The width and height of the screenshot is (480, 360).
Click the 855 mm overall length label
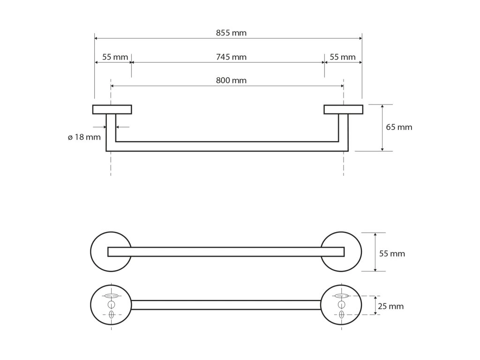click(231, 33)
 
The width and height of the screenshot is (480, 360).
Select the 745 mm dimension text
click(231, 57)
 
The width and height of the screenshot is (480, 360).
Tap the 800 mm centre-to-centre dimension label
click(231, 80)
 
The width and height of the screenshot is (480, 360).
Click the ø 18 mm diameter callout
click(84, 137)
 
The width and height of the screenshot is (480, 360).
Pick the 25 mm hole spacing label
click(391, 306)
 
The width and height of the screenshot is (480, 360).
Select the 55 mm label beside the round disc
click(392, 254)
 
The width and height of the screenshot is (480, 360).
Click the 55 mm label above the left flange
click(115, 57)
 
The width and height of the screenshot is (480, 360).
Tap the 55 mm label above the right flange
click(343, 57)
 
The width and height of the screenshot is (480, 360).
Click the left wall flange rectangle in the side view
click(112, 109)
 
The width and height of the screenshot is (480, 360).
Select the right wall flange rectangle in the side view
click(343, 109)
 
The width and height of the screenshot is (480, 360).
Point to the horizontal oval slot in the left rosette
click(111, 296)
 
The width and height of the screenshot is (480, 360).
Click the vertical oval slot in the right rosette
click(342, 314)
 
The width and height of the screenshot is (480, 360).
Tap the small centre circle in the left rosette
click(111, 305)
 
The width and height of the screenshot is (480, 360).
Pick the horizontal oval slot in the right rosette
click(342, 296)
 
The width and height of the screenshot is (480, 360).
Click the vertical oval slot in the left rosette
click(111, 314)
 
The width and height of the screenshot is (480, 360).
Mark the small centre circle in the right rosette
click(342, 305)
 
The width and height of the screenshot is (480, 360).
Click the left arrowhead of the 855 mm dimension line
click(97, 38)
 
